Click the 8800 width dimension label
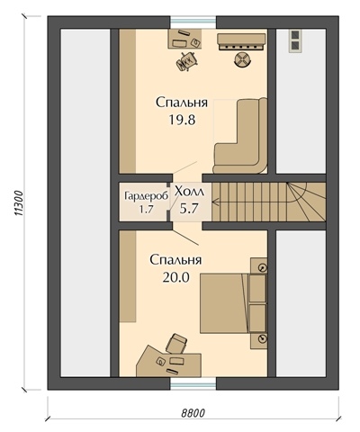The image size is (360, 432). (193, 413)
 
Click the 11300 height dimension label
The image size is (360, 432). (19, 203)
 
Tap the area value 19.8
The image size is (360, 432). (182, 120)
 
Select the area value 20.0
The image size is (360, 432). (176, 277)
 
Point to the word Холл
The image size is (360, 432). (189, 191)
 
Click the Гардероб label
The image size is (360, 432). (146, 197)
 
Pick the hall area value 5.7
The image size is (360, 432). (189, 208)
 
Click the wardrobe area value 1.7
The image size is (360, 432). (146, 210)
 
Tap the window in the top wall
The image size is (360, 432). (193, 22)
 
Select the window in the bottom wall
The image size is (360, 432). (193, 383)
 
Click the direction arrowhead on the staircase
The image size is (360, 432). (215, 202)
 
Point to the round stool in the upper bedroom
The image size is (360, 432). (242, 59)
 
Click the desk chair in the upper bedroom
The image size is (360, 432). (187, 61)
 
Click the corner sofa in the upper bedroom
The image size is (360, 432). (241, 136)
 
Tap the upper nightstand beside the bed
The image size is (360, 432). (258, 265)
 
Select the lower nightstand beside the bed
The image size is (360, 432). (258, 340)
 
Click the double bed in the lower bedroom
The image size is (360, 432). (233, 302)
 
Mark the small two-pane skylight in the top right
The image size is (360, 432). (295, 40)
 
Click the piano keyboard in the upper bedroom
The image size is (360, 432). (242, 42)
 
